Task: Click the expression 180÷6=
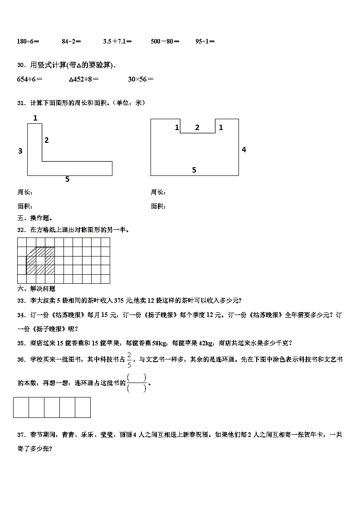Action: pos(28,41)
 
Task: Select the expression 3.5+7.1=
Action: pos(117,41)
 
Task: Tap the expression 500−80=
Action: pos(165,41)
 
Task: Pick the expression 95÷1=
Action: pos(205,41)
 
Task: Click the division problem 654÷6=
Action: pos(29,79)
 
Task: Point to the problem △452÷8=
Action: pos(84,79)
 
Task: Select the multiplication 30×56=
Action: pos(141,79)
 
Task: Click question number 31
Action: pos(21,103)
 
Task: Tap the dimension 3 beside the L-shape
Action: pos(20,151)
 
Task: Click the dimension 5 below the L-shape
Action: pos(68,179)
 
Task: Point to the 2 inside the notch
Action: pos(197,128)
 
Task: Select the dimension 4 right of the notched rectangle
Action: pos(244,150)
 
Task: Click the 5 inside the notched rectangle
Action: pos(194,170)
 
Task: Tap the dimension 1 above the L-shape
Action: pos(35,118)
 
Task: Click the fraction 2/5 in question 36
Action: pos(129,359)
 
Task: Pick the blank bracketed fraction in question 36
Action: pos(137,383)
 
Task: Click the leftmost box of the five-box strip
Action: pos(21,407)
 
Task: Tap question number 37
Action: pos(21,435)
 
